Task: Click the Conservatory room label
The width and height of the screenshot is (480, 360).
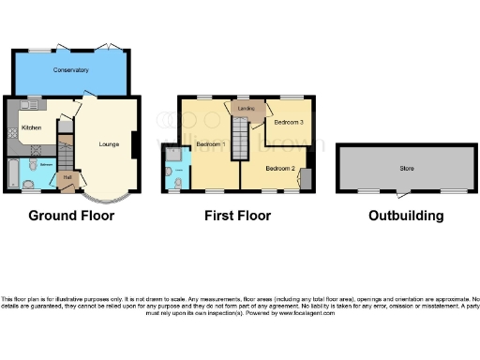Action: coord(70,70)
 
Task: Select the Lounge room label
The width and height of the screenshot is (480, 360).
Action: coord(111,144)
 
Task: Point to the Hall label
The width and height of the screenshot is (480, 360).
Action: coord(67,175)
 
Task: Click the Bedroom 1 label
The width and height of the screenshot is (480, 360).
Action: coord(212,143)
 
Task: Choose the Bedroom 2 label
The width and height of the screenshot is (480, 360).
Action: coord(279,168)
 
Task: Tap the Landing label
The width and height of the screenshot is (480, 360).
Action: coord(247,109)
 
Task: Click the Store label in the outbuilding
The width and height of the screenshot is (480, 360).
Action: coord(406,169)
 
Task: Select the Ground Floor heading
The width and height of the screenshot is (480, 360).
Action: coord(71,216)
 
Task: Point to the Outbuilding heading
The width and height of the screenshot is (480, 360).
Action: coord(406,216)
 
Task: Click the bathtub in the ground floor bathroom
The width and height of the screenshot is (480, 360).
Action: coord(10,173)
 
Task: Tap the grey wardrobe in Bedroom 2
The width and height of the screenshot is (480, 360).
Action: coord(308,175)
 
